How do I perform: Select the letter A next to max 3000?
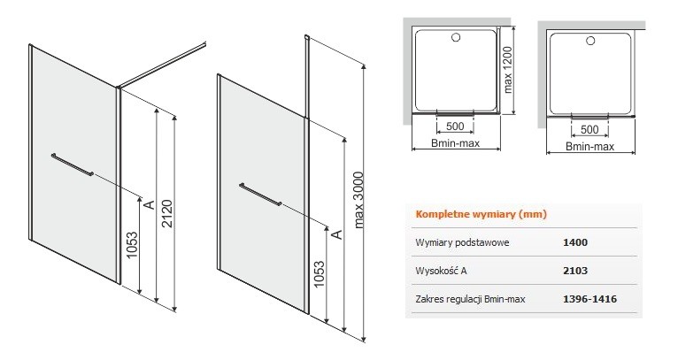[x=336, y=234]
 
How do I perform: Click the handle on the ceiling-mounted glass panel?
[x=261, y=195]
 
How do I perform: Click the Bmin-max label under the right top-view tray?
[x=590, y=149]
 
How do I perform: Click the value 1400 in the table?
[x=574, y=241]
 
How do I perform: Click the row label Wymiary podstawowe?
[x=461, y=241]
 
